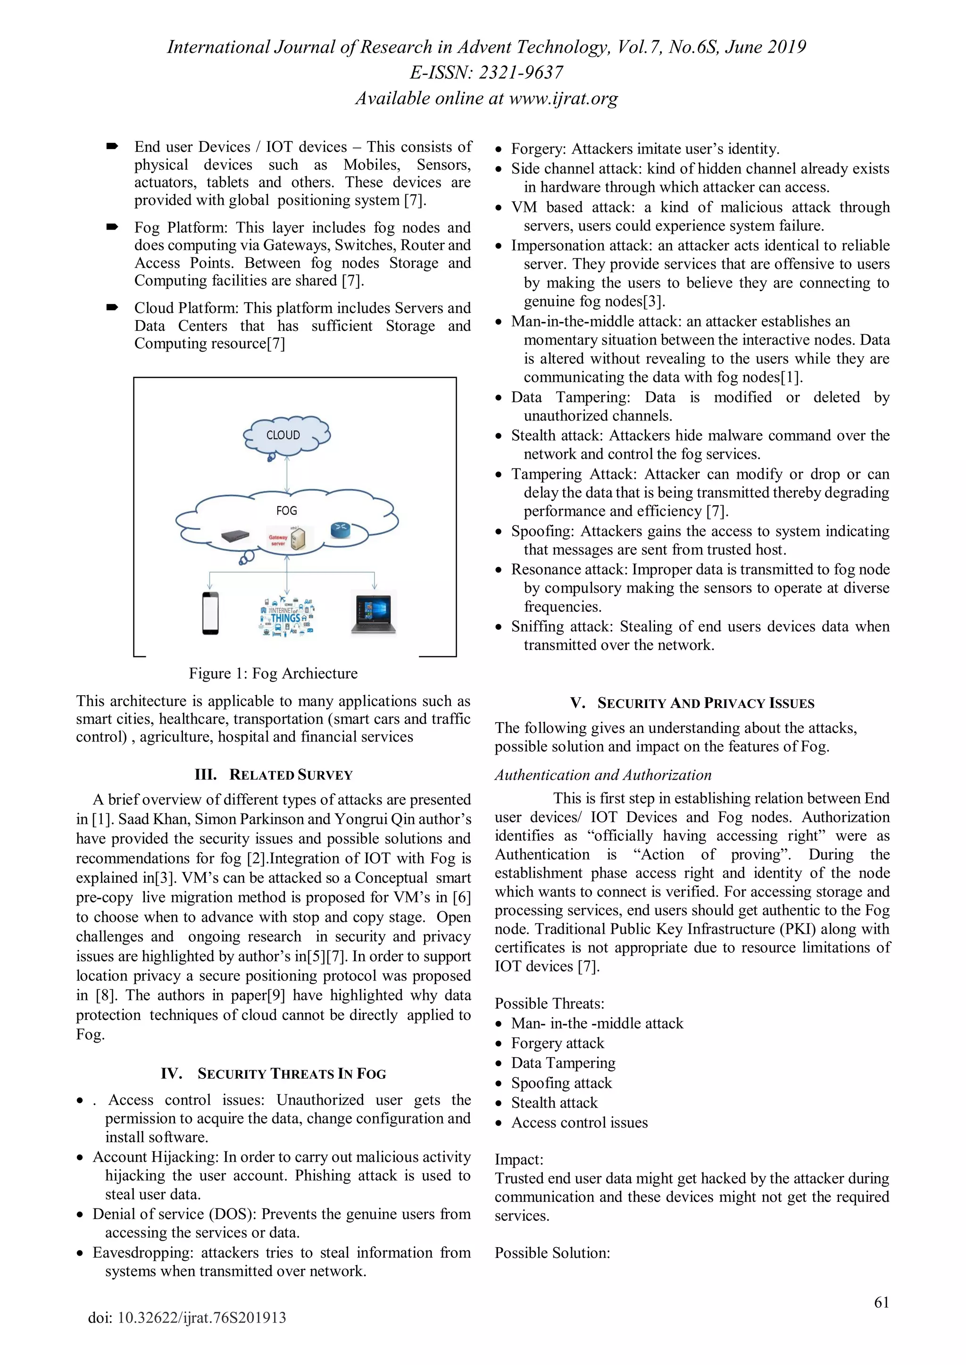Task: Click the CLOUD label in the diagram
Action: pos(283,435)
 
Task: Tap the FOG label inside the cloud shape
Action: pos(286,510)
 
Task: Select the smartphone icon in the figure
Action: pos(210,613)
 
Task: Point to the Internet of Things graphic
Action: pos(287,617)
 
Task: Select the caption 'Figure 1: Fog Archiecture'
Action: pos(273,673)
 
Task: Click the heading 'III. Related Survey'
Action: pos(274,775)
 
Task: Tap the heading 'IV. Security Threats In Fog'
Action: pos(274,1073)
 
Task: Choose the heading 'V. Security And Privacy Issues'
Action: pos(692,703)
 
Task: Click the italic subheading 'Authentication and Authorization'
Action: pos(602,775)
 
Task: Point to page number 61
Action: pos(882,1303)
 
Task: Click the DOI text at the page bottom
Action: pos(187,1317)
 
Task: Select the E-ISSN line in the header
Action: pos(486,73)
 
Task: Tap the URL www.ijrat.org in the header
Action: pos(563,98)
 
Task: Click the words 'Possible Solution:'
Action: pos(552,1253)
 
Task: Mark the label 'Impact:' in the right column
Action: pos(519,1159)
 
